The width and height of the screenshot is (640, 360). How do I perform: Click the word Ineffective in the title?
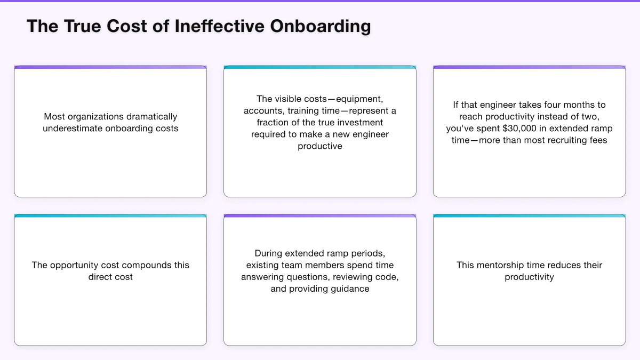click(x=220, y=26)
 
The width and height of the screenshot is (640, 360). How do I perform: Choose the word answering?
click(x=265, y=277)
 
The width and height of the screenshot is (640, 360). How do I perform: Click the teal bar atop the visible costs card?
click(x=320, y=67)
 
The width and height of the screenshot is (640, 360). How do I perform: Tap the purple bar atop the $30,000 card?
click(x=529, y=67)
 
